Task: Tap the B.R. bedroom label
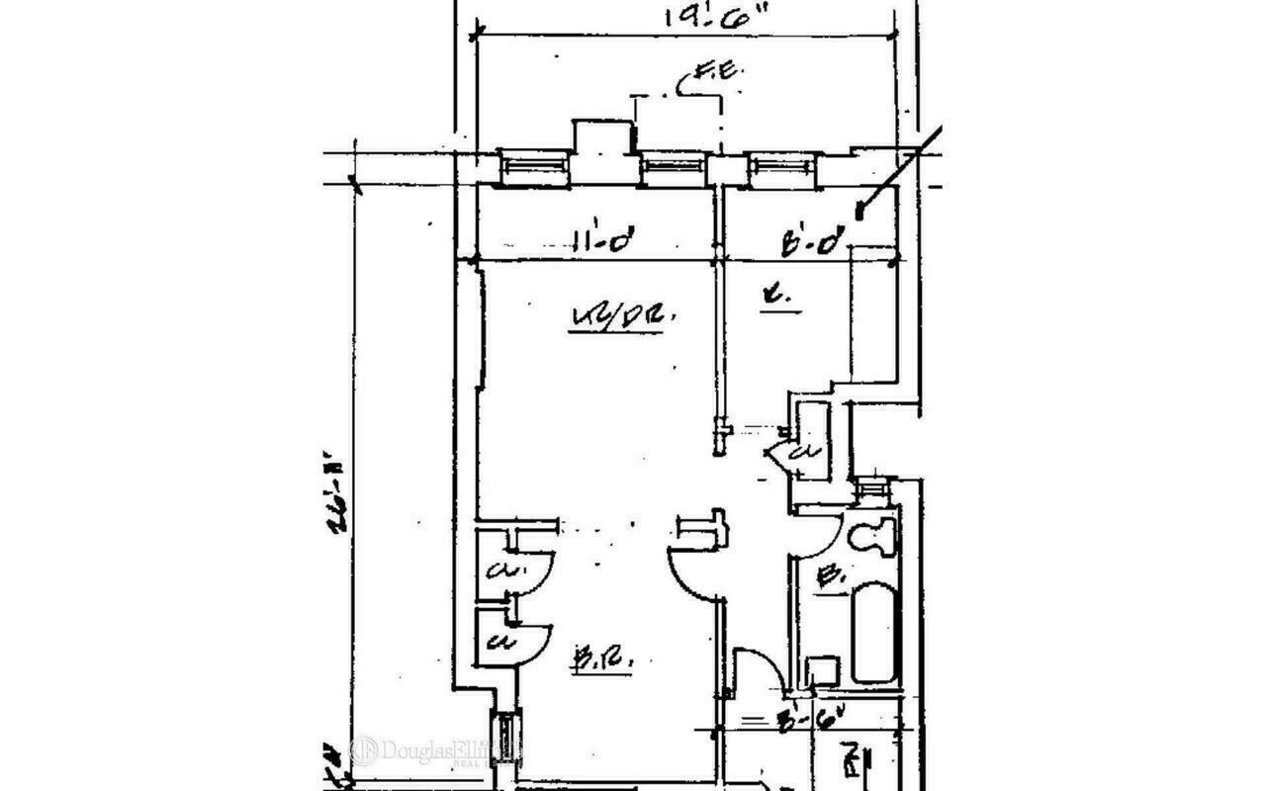pyautogui.click(x=592, y=657)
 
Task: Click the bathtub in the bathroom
pyautogui.click(x=874, y=633)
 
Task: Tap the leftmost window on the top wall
pyautogui.click(x=534, y=167)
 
